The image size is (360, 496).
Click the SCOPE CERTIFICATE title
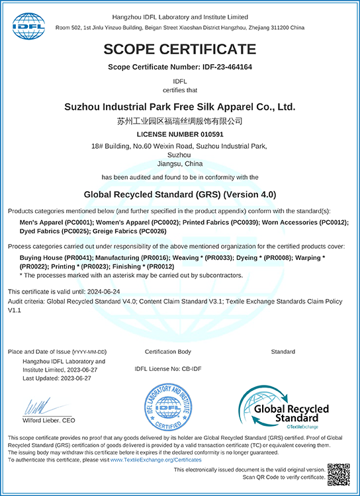click(x=179, y=48)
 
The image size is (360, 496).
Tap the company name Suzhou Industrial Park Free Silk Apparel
click(x=179, y=106)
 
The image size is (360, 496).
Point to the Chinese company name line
click(x=179, y=121)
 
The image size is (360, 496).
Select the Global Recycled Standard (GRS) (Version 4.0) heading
click(x=179, y=194)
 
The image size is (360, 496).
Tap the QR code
click(x=338, y=475)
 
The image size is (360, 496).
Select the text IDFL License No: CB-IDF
click(x=168, y=370)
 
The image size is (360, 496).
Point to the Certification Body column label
click(x=167, y=351)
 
